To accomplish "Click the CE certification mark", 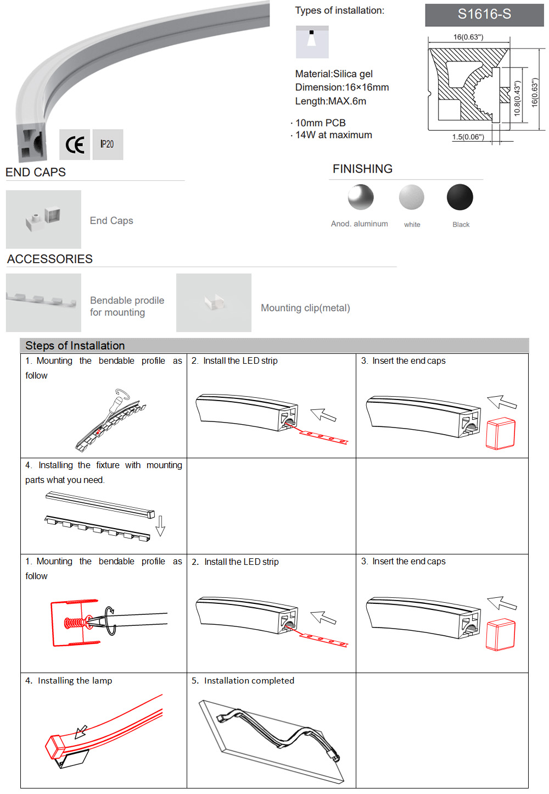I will tap(75, 145).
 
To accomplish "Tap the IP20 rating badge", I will tap(108, 145).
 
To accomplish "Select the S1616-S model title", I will tap(484, 15).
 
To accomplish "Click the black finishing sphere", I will tap(460, 197).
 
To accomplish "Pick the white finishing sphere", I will tap(412, 197).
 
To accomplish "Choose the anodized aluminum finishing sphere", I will tap(361, 197).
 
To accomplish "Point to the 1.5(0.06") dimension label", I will tap(468, 137).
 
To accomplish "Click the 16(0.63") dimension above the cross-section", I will tap(468, 37).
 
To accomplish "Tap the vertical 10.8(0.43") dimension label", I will tap(517, 98).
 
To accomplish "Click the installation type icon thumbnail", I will tap(312, 42).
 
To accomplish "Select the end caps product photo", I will tap(43, 219).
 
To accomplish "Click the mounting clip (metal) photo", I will tap(214, 303).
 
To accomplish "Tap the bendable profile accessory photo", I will tap(43, 303).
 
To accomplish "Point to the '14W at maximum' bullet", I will tap(333, 135).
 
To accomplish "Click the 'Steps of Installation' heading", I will tap(75, 346).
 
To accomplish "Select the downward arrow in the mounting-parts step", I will tap(160, 526).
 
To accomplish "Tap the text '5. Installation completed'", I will tap(243, 681).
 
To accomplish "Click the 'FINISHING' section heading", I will tap(362, 169).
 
